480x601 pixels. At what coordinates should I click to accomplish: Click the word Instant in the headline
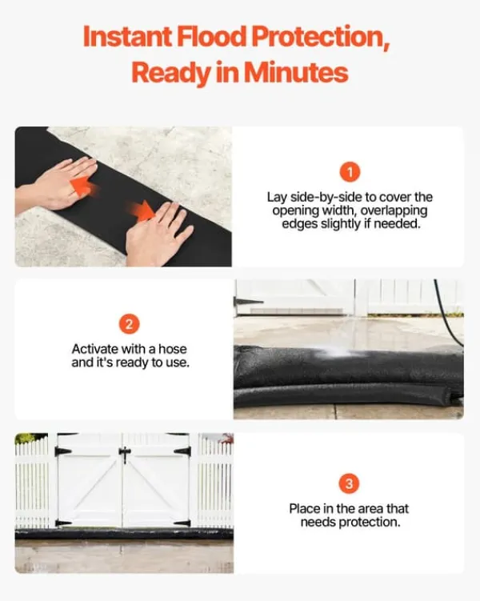point(127,37)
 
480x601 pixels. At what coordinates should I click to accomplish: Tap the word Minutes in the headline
point(296,72)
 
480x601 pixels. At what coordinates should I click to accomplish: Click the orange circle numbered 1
point(350,172)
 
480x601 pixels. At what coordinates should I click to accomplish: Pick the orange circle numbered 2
point(129,324)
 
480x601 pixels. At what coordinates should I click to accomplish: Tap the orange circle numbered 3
point(349,483)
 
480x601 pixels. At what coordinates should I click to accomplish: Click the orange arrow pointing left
point(83,186)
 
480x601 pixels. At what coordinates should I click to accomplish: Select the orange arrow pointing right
point(141,210)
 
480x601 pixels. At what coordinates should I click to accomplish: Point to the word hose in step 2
point(172,349)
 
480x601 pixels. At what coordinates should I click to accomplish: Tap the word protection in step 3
point(370,523)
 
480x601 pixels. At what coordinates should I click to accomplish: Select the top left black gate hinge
point(62,451)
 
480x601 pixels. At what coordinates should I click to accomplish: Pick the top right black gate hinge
point(182,451)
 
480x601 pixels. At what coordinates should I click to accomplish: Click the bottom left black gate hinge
point(62,523)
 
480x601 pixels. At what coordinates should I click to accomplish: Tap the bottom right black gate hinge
point(182,523)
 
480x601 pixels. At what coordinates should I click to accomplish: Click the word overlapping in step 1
point(394,211)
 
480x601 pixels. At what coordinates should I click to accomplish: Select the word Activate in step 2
point(95,349)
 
